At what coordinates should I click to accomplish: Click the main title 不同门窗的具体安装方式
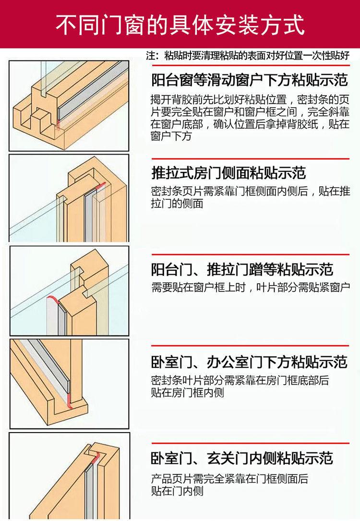pyautogui.click(x=180, y=24)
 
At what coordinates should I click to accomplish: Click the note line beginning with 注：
pyautogui.click(x=248, y=55)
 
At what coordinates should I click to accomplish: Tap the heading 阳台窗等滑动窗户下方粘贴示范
pyautogui.click(x=250, y=80)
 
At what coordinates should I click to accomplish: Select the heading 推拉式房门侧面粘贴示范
pyautogui.click(x=228, y=173)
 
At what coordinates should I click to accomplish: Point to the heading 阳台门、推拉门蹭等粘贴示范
pyautogui.click(x=242, y=269)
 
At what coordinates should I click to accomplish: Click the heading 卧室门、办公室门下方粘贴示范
pyautogui.click(x=249, y=362)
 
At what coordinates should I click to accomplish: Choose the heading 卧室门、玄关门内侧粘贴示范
pyautogui.click(x=242, y=458)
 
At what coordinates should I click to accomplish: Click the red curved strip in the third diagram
pyautogui.click(x=53, y=299)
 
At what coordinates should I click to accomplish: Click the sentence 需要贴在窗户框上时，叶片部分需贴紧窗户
pyautogui.click(x=251, y=287)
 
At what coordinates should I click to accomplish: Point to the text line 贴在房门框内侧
pyautogui.click(x=188, y=392)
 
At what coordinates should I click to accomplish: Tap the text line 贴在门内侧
pyautogui.click(x=177, y=491)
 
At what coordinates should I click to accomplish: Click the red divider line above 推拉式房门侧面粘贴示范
pyautogui.click(x=251, y=159)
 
